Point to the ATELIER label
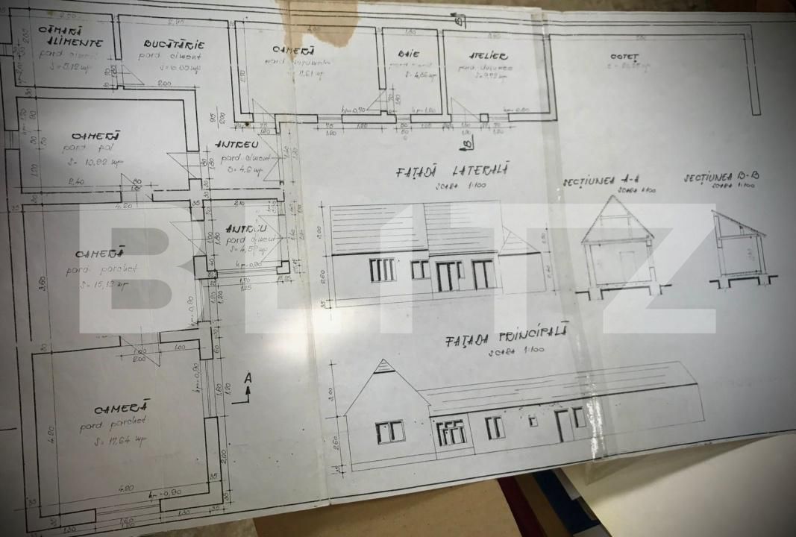pyautogui.click(x=488, y=56)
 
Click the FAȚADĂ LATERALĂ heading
pyautogui.click(x=452, y=172)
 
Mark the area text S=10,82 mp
pyautogui.click(x=107, y=161)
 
